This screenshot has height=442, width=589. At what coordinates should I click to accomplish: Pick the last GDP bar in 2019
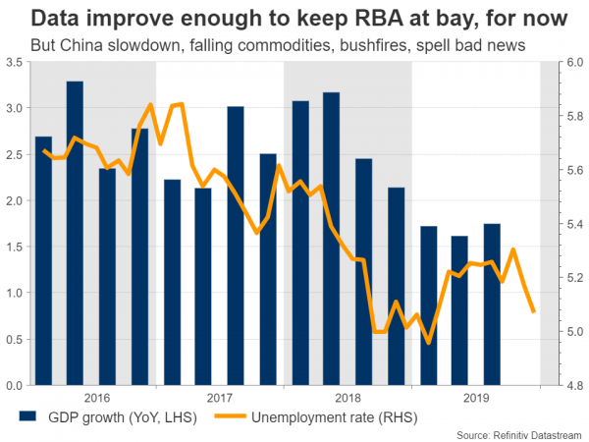click(493, 304)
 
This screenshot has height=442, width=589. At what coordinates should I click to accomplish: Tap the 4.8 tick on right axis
click(570, 385)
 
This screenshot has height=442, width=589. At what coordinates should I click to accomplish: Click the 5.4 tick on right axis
click(570, 224)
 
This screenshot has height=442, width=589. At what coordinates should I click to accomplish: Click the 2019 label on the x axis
click(476, 397)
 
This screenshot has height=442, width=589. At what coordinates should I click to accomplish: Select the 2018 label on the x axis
click(348, 397)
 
